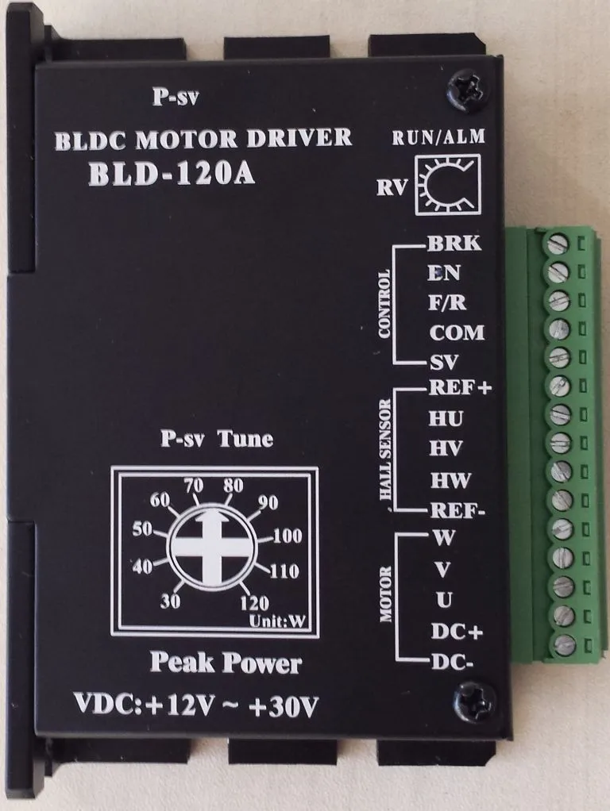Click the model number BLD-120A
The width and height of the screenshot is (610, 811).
(171, 173)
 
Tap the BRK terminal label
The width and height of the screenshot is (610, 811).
(454, 244)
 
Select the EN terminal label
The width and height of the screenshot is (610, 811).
(444, 273)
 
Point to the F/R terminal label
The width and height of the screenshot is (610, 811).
(446, 302)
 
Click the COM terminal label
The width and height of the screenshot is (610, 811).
(456, 332)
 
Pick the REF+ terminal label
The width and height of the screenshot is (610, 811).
(460, 388)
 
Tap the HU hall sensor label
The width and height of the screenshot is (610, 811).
(446, 418)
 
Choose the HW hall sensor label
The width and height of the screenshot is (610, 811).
(450, 480)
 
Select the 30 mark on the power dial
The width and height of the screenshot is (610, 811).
(170, 601)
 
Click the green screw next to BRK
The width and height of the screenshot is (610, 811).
(558, 243)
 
